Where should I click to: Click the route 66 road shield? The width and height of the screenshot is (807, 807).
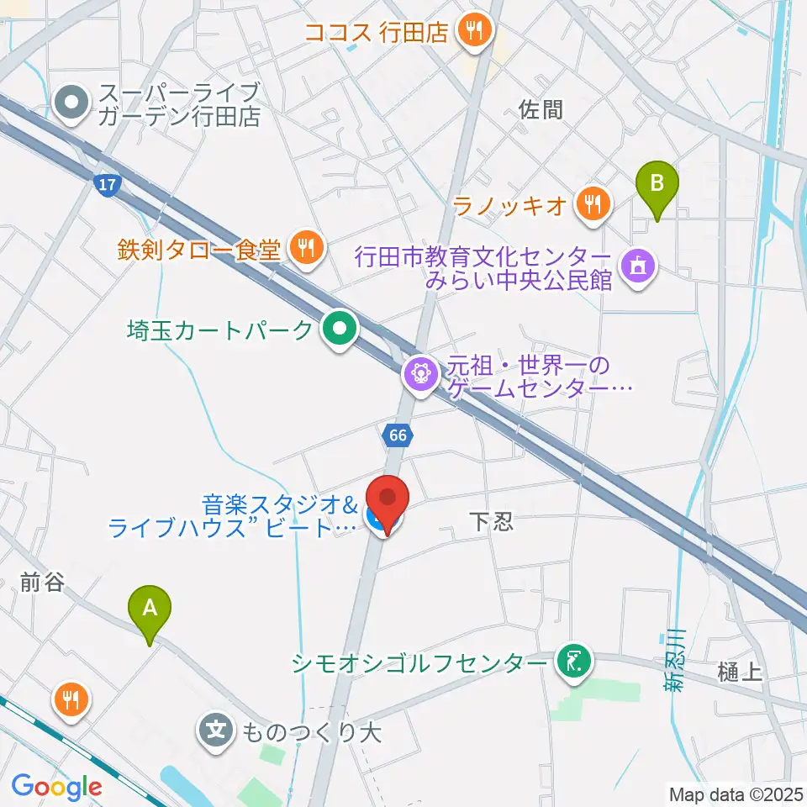point(398,435)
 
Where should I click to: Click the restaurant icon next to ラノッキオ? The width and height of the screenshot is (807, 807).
point(594,203)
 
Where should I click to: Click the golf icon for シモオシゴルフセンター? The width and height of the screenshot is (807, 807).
point(575,662)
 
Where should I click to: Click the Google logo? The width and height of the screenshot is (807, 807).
point(56,787)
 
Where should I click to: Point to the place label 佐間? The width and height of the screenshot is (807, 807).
point(541,109)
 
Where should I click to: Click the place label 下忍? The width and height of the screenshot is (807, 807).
point(489,523)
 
